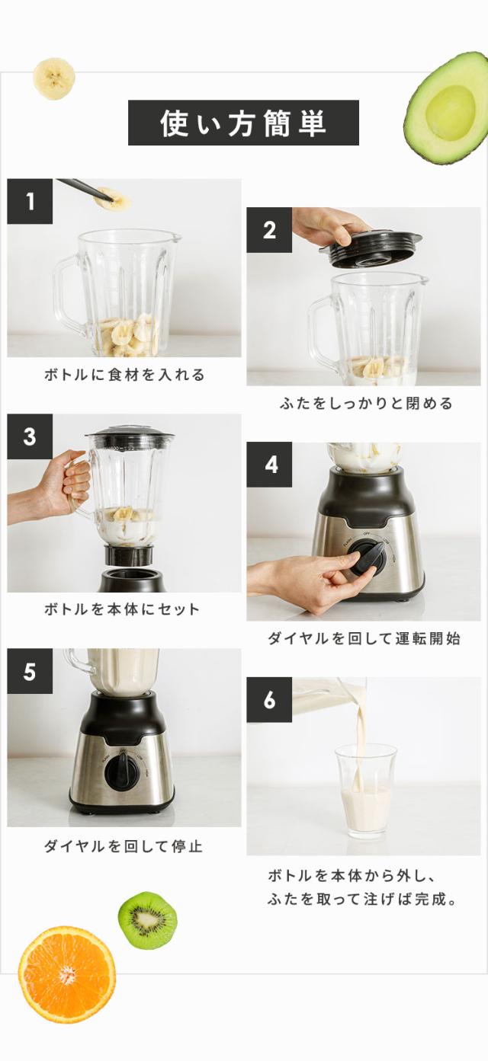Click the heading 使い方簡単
click(243, 123)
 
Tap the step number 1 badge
click(30, 201)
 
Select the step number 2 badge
click(269, 230)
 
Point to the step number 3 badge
click(30, 436)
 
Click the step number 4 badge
click(269, 465)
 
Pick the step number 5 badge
click(30, 671)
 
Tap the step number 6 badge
click(269, 700)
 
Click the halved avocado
click(447, 108)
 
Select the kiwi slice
click(147, 920)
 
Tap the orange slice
click(67, 974)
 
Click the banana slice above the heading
click(54, 78)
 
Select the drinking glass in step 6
click(366, 790)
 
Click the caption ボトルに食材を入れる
click(124, 375)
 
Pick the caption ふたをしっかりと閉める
click(366, 403)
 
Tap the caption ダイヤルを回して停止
click(124, 846)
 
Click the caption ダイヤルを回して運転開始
click(364, 638)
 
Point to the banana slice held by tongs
click(113, 199)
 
